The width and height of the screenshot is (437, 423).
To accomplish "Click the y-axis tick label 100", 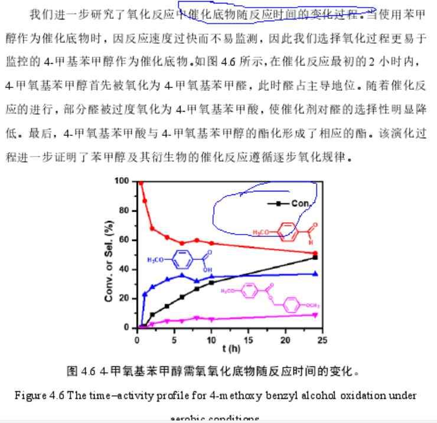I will (x=122, y=180).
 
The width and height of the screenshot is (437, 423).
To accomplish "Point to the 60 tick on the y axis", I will (x=124, y=239).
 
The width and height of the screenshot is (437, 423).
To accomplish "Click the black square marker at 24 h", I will (x=315, y=258).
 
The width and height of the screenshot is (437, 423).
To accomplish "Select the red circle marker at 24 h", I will (x=315, y=253).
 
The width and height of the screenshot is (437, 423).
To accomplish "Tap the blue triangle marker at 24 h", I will (x=315, y=274).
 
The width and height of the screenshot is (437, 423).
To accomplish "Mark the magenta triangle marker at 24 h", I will (x=315, y=314).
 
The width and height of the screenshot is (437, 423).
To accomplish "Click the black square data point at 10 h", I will (x=211, y=282).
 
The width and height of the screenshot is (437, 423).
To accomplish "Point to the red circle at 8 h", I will (x=197, y=240).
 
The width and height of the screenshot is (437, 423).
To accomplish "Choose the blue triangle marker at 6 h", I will (x=182, y=275).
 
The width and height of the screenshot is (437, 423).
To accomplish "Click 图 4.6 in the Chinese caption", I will (x=81, y=371).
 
